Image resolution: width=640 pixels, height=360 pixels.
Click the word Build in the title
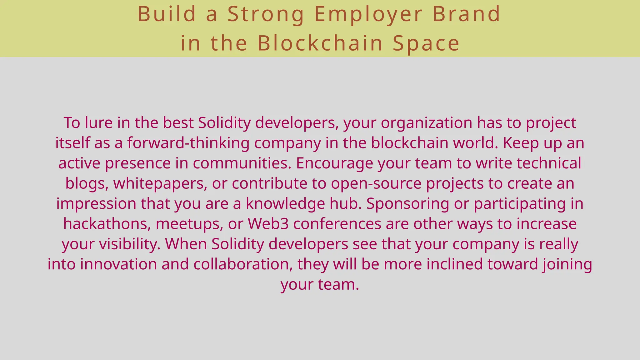coord(167,14)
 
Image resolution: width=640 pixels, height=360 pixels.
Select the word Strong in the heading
coord(266,15)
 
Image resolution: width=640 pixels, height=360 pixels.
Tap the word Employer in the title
coord(368,15)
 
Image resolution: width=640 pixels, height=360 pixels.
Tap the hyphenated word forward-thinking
coord(188,143)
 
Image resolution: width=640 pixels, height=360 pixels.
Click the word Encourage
coord(334,163)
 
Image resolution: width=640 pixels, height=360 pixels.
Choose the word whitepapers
coord(160,183)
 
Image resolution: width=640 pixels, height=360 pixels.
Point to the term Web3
coord(268,224)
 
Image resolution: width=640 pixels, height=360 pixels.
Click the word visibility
coord(130,244)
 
